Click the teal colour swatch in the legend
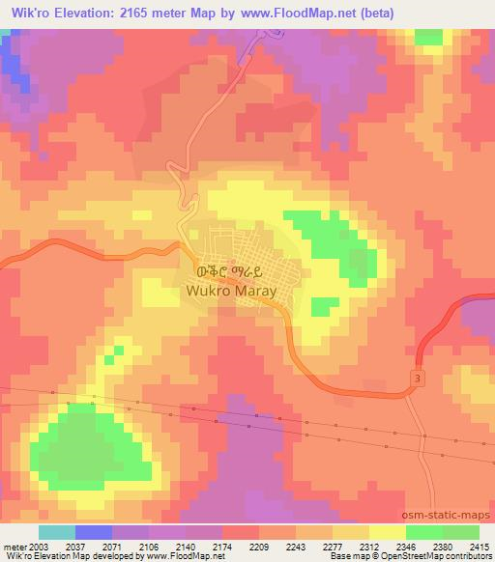tap(57, 532)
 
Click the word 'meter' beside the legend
tap(11, 548)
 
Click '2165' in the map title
tap(158, 13)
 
